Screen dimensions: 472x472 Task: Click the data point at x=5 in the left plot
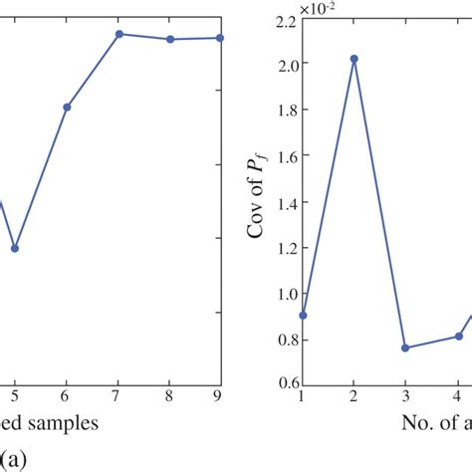(14, 248)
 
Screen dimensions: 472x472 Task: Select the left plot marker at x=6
(67, 107)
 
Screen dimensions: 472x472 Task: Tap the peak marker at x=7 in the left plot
(118, 34)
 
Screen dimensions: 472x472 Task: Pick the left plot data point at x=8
(170, 39)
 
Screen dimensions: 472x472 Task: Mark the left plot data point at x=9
(220, 38)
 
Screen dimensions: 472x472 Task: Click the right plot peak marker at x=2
(354, 59)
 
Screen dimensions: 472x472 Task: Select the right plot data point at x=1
(303, 315)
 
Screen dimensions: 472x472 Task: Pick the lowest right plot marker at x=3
(405, 348)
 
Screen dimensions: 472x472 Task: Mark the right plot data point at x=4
(458, 336)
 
